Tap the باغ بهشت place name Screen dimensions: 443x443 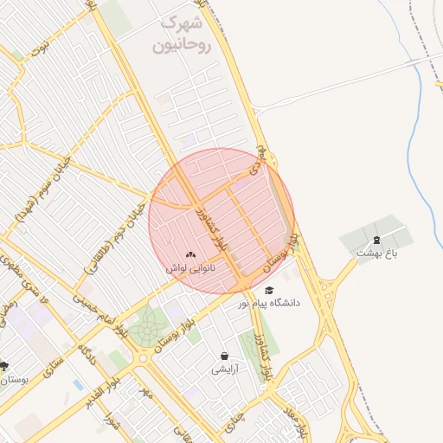(x=376, y=253)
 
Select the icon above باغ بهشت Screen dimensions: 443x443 (x=376, y=240)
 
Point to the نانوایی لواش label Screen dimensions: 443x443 (x=190, y=269)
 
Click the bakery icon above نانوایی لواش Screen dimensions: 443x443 (x=190, y=255)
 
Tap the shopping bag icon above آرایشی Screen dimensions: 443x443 (x=225, y=356)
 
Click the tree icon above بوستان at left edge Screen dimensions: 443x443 (x=4, y=366)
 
